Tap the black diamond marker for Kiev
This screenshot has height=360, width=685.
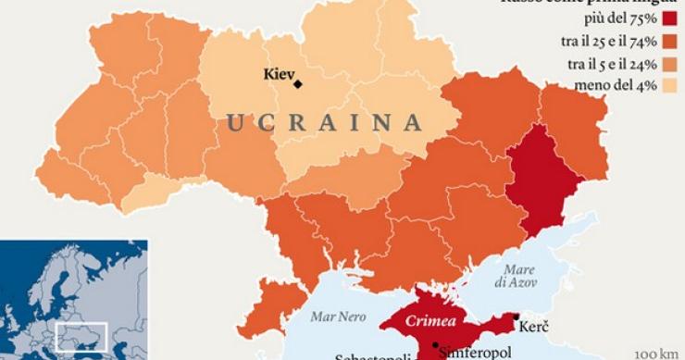pyautogui.click(x=298, y=84)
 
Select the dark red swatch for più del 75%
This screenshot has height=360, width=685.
pyautogui.click(x=671, y=19)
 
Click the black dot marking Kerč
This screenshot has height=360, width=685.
pyautogui.click(x=515, y=317)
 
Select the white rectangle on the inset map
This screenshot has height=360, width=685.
pyautogui.click(x=81, y=336)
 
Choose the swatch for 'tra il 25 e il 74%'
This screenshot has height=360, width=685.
pyautogui.click(x=671, y=42)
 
